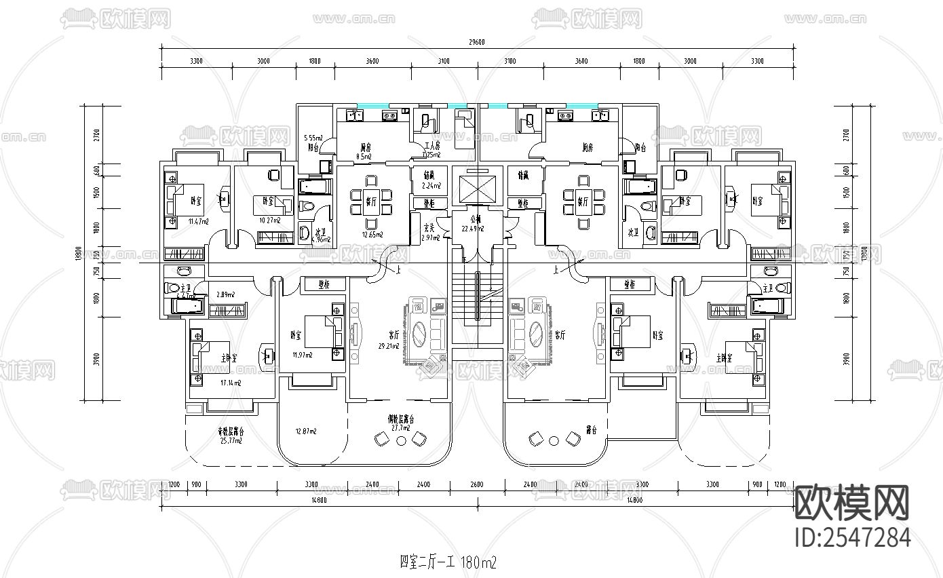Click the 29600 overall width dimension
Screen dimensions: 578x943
478,42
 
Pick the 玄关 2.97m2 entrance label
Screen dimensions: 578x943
430,233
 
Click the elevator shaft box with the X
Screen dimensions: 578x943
478,189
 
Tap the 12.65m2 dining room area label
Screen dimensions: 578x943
372,235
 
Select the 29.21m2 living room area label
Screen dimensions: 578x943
392,345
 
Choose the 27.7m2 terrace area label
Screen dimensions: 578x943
400,428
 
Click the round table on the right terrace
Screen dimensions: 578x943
554,441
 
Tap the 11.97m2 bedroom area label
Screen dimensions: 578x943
302,355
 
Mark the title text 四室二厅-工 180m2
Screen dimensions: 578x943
448,562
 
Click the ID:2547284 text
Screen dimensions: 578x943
852,537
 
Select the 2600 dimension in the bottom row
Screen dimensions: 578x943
476,485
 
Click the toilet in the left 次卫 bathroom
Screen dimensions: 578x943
307,206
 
